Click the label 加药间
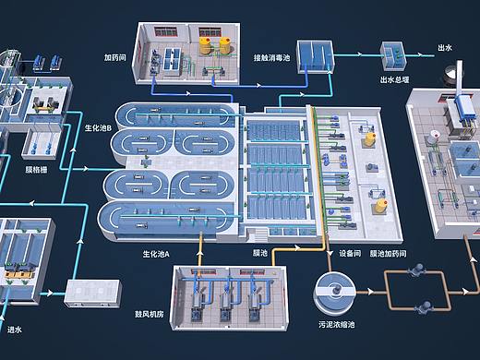pos(114,57)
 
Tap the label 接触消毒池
pos(271,57)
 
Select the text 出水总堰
pos(394,80)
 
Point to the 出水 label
pos(445,48)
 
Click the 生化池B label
pos(98,127)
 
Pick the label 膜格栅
pos(36,169)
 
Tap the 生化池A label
pos(156,254)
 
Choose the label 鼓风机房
pos(150,314)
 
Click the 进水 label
pos(15,330)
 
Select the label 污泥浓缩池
pos(337,324)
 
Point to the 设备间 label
pos(350,253)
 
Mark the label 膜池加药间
pos(388,253)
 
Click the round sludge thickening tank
pos(334,293)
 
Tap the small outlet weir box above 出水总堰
pos(393,56)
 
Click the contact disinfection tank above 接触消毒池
pos(315,57)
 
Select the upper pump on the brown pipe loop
pos(418,270)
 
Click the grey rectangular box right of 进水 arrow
pos(92,293)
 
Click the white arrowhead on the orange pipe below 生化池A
pos(199,253)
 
